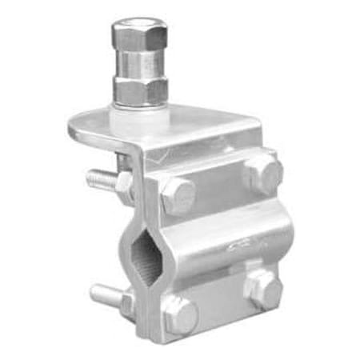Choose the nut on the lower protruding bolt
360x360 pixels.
(126, 302)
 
